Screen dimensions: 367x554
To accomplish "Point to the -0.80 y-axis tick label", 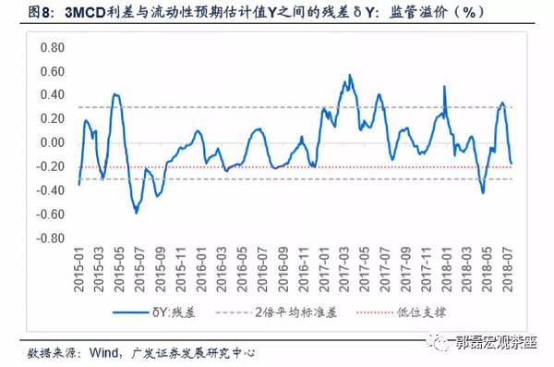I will tap(51, 238).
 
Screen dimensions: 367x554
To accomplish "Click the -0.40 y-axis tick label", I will tap(51, 190).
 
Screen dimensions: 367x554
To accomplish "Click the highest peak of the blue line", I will tap(350, 75).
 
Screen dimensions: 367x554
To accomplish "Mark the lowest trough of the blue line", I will tap(136, 213).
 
